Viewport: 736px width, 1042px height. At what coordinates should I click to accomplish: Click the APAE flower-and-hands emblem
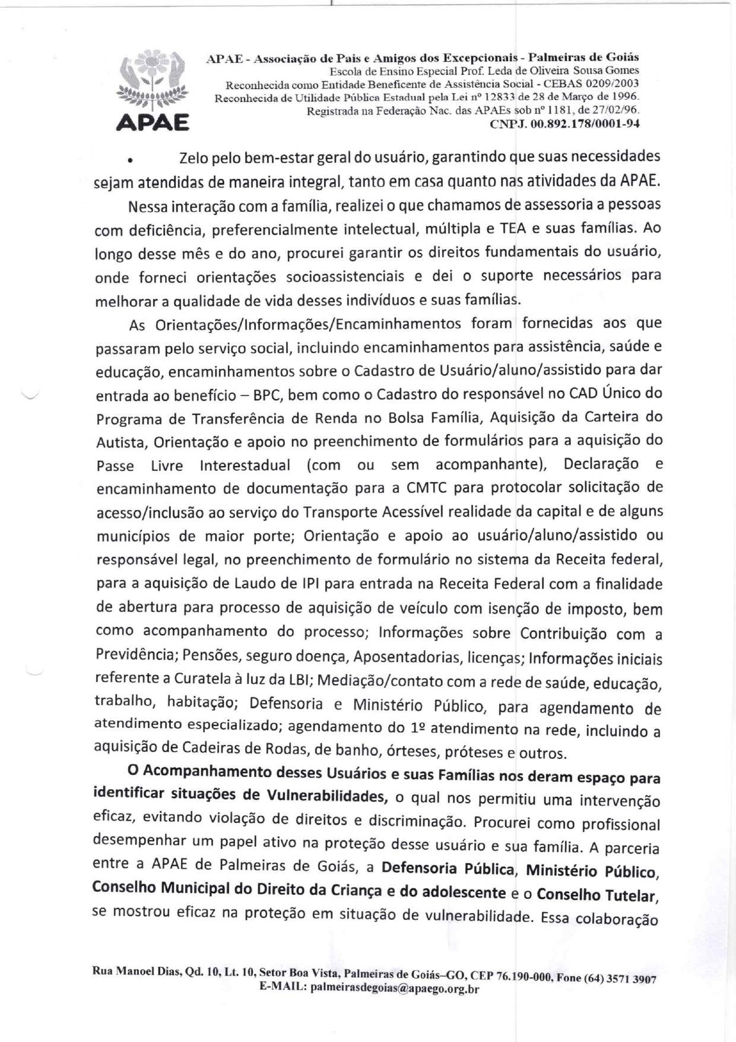point(153,81)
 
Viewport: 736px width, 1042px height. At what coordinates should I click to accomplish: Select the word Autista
point(120,443)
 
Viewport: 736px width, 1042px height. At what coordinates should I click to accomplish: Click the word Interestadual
point(245,465)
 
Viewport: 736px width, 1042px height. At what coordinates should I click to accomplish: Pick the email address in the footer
point(394,989)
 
